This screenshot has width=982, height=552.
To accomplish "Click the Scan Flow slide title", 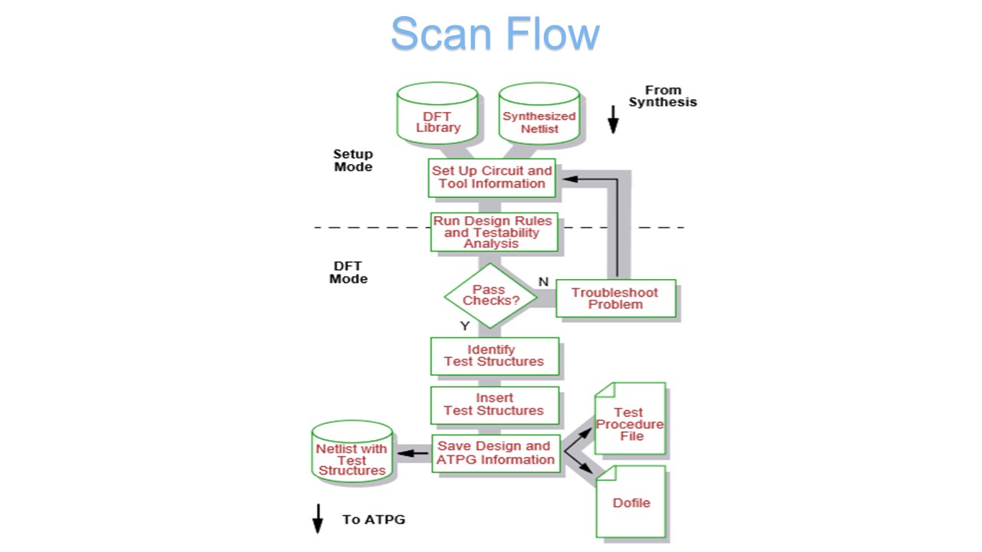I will (x=495, y=34).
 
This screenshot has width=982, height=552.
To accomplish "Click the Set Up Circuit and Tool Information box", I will (x=492, y=177).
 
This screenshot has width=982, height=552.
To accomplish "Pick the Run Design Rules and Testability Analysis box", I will (x=493, y=232).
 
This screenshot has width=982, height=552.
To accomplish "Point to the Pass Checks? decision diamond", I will (x=491, y=295).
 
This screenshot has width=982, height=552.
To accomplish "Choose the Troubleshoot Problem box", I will (x=615, y=298).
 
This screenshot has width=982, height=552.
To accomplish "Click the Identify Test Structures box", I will (x=495, y=356).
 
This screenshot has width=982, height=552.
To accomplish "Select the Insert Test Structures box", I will (x=495, y=404).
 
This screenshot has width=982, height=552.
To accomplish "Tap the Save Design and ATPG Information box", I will (x=496, y=453).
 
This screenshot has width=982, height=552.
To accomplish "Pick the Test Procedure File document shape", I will (x=630, y=419).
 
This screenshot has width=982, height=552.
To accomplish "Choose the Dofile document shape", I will (x=631, y=501).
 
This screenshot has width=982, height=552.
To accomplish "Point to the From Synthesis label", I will (x=663, y=96).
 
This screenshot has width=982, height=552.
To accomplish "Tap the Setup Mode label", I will (x=353, y=160).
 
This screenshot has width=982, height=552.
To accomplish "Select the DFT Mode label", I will (x=348, y=272).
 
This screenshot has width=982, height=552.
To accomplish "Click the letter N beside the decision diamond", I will (x=543, y=281).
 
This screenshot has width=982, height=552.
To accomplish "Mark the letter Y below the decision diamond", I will (x=464, y=326).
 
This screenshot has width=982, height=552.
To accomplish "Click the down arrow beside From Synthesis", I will (x=612, y=120).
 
